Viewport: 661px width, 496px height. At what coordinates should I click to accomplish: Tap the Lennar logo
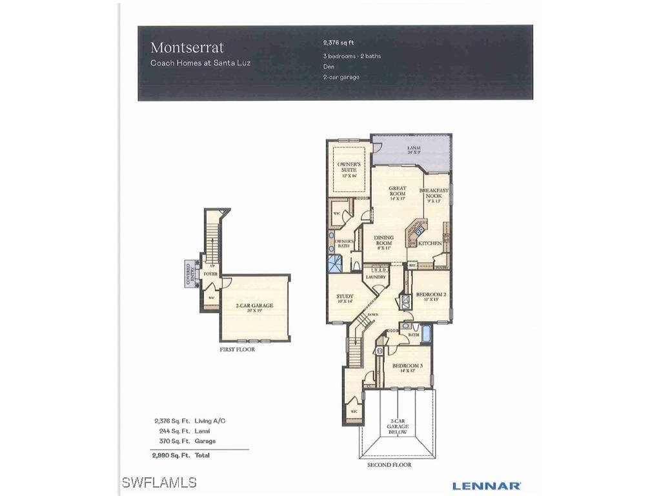tap(486, 485)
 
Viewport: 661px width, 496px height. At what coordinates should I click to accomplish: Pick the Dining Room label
tap(383, 240)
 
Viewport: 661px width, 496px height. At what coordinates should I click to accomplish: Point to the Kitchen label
tap(430, 243)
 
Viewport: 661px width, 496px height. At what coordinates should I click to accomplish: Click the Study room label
tap(345, 298)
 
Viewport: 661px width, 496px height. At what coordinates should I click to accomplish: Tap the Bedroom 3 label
tap(407, 367)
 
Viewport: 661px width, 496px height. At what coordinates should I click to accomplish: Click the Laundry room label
tap(375, 277)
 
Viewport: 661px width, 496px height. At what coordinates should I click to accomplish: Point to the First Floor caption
tap(238, 349)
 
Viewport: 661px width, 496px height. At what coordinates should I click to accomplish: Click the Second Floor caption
tap(389, 465)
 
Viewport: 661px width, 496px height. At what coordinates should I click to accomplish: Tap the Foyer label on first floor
tap(210, 274)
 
